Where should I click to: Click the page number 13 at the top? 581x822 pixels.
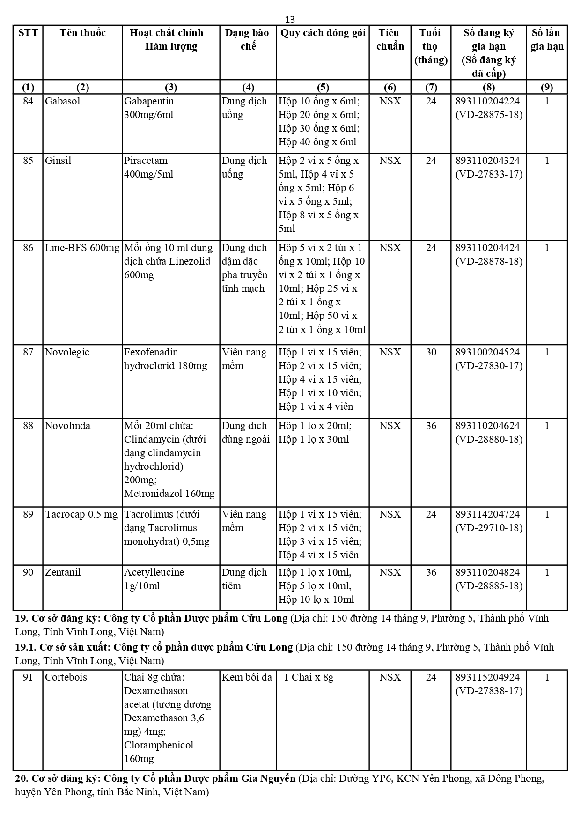pos(290,20)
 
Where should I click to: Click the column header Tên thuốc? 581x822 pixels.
pos(82,33)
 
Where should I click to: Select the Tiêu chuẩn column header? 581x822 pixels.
pos(390,39)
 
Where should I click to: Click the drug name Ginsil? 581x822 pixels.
pos(58,161)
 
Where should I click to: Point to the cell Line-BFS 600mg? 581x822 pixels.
pos(82,248)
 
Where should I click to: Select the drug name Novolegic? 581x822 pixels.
pos(67,352)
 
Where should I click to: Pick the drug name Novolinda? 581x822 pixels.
pos(67,426)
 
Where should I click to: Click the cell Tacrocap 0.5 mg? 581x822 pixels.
pos(81,514)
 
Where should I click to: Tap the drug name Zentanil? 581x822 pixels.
pos(63,572)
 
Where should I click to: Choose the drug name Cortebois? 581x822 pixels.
pos(66,677)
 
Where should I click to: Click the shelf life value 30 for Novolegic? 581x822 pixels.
pos(431,352)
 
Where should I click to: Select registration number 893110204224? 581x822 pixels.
pos(487,101)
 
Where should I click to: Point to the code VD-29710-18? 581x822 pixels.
pos(489,528)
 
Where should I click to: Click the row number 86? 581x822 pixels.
pos(28,248)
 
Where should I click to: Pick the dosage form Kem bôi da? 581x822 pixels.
pos(247,677)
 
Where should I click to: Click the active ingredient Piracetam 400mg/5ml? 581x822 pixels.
pos(148,167)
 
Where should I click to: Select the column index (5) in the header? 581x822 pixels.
pos(323,87)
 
